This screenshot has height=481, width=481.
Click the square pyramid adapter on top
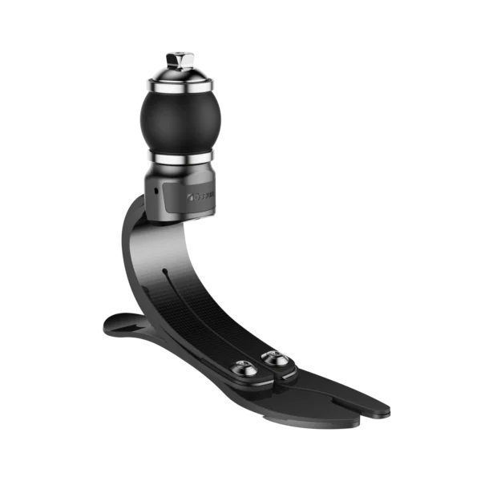[180, 59]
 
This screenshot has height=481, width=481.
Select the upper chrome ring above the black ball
[180, 84]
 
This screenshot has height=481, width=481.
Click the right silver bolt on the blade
[277, 358]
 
